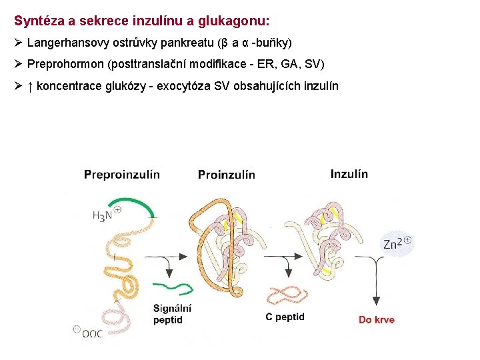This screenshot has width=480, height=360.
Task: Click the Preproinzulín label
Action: tap(122, 175)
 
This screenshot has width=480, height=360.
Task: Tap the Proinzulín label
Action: tap(227, 175)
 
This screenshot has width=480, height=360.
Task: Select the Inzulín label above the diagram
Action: tap(349, 174)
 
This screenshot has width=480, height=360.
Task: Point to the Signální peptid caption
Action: tap(172, 314)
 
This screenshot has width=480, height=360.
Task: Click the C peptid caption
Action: tap(285, 317)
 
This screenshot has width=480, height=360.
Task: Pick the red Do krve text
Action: tap(376, 319)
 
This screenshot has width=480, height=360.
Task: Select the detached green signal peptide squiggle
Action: tap(177, 287)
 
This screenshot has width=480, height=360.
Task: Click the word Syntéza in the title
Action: tap(37, 21)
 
